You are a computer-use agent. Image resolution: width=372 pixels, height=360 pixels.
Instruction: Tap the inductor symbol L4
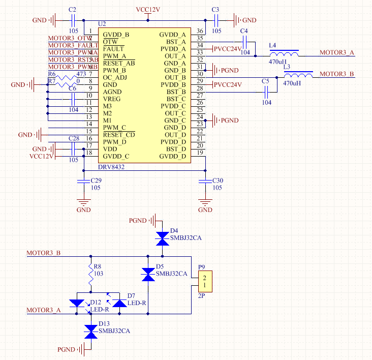(284, 53)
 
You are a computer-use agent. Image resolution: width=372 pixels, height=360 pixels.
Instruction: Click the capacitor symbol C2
(72, 20)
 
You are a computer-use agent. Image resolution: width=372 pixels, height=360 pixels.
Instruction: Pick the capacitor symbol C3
(215, 20)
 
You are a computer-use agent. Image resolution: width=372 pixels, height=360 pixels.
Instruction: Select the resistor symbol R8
(91, 276)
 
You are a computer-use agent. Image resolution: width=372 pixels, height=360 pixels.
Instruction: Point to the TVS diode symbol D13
(91, 332)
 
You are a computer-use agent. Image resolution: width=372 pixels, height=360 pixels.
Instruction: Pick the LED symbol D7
(119, 303)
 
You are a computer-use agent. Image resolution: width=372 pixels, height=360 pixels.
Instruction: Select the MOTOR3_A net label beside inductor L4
(337, 53)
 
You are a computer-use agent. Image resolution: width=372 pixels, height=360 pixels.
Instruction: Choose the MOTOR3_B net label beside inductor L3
(337, 74)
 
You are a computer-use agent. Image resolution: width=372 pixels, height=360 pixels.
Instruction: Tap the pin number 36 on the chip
(200, 32)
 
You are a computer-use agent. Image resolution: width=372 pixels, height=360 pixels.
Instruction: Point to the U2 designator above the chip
(102, 24)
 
